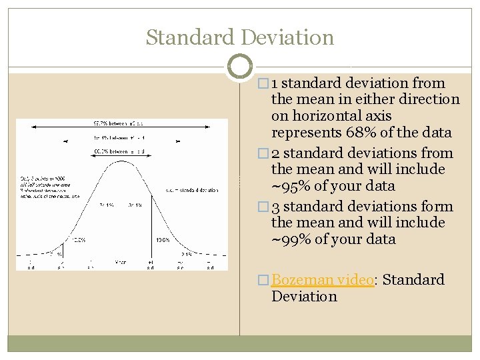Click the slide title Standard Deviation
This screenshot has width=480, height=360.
240,37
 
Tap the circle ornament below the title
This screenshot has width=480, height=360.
239,67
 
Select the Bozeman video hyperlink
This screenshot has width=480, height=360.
322,280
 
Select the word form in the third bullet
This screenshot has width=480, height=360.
438,207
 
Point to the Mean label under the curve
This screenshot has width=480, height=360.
121,262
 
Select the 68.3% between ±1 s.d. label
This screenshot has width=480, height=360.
121,151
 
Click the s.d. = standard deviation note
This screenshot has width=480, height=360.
192,190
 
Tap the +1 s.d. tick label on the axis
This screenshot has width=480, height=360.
151,265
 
